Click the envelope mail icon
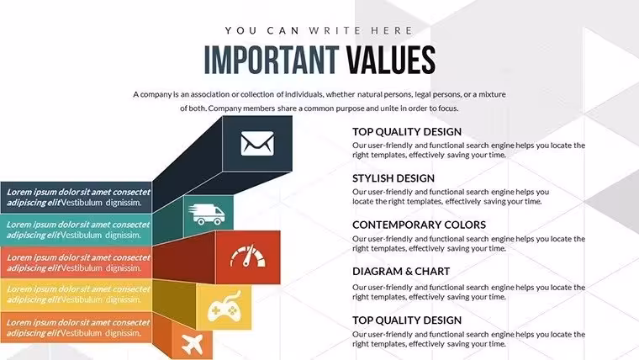(x=257, y=143)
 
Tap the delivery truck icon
(x=207, y=214)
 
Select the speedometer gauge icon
(x=248, y=256)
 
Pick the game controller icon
(x=224, y=306)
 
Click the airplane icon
(x=192, y=345)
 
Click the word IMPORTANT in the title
(x=272, y=61)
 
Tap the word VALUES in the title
(x=391, y=61)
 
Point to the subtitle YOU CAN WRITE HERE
(x=319, y=30)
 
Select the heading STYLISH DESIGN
(x=393, y=178)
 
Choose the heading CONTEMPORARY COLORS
(x=419, y=225)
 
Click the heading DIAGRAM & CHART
(x=401, y=271)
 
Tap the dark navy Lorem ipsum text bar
(x=77, y=198)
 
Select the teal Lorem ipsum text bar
(x=77, y=230)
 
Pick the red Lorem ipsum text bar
(x=77, y=263)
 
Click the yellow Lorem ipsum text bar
(x=77, y=294)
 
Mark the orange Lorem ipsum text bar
(x=77, y=327)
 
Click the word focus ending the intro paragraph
(x=448, y=109)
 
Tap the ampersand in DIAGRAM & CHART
(x=401, y=271)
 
